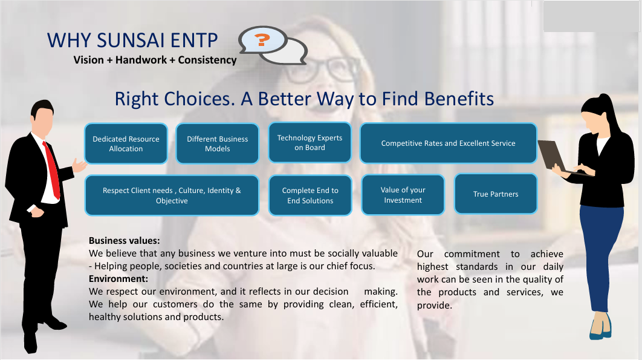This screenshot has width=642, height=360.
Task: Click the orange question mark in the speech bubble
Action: coord(262,40)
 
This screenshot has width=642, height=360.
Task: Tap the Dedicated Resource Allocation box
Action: coord(126,143)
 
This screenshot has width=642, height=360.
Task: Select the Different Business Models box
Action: coord(218,143)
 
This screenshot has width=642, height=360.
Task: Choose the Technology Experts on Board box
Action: coord(310,143)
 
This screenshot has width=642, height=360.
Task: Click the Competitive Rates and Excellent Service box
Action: coord(449,143)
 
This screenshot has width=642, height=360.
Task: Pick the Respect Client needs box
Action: coord(172,195)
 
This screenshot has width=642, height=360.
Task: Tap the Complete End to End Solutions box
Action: coord(310,195)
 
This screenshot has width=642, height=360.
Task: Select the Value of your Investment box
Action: coord(403,195)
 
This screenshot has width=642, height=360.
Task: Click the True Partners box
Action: coord(496,194)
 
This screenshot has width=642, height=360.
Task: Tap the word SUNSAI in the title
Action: coord(131,40)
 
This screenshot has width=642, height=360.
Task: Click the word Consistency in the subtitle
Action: coord(207,60)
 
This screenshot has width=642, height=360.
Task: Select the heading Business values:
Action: coord(125,241)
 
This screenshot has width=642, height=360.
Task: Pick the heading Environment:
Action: coord(118,279)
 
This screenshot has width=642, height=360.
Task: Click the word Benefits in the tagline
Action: coord(459,99)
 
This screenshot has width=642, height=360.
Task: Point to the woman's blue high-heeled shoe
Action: coord(601,327)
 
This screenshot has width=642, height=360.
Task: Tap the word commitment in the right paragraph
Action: coord(472,254)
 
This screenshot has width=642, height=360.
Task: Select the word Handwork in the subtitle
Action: coord(141,60)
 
